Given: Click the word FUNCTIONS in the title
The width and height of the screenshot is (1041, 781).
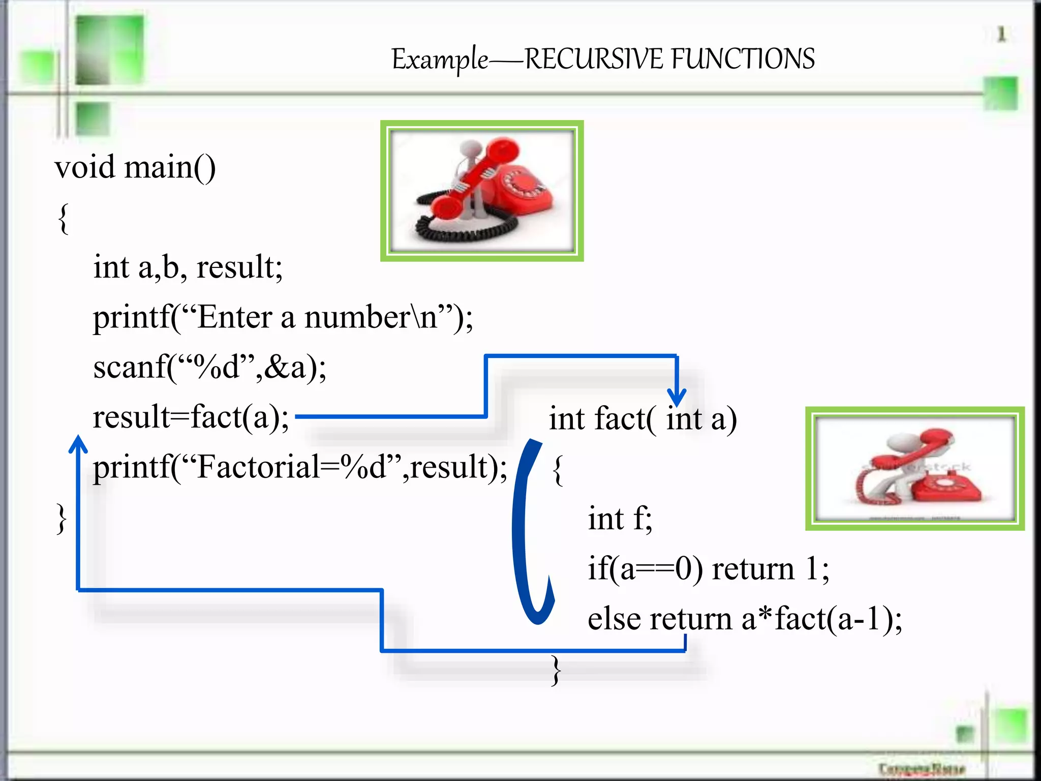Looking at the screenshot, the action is [743, 59].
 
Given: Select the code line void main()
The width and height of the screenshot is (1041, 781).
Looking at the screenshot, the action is [135, 167].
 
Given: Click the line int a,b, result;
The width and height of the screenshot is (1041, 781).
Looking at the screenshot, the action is [188, 267].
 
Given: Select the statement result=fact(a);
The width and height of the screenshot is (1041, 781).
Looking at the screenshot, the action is [191, 417].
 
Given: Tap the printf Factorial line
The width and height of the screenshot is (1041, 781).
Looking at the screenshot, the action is [300, 467].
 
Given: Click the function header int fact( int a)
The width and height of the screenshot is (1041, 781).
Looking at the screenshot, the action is [642, 419].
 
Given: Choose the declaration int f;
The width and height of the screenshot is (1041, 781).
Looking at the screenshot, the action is [620, 519].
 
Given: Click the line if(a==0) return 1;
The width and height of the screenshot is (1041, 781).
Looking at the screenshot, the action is [708, 568].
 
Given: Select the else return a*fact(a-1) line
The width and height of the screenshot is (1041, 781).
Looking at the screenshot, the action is [745, 619].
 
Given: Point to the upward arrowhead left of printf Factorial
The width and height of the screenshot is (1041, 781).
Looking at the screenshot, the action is [78, 444].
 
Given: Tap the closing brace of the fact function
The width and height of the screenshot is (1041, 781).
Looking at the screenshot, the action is [557, 670].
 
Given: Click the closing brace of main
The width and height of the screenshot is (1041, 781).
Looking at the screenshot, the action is [61, 519].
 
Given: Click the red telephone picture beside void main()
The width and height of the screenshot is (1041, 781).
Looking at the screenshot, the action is [482, 191].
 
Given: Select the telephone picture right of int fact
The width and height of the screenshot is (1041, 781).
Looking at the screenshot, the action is [914, 468].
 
